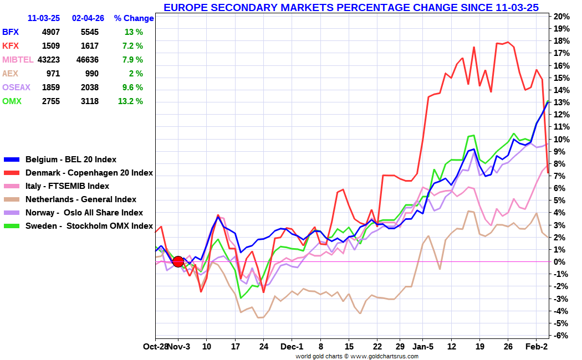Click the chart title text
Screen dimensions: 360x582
(351, 7)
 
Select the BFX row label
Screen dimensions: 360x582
(11, 32)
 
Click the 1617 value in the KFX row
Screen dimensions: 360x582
(89, 46)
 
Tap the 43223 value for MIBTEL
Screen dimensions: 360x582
(48, 60)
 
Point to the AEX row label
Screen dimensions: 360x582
(11, 74)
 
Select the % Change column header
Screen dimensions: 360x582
(134, 18)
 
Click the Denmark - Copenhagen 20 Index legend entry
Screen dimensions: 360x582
(89, 173)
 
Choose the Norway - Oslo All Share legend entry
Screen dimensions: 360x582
(84, 213)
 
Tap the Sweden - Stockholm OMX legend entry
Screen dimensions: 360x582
(89, 226)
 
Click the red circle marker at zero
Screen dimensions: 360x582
(178, 261)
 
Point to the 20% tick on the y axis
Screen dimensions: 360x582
(562, 16)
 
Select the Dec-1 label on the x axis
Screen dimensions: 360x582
(292, 347)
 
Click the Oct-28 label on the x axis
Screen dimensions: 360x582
(155, 347)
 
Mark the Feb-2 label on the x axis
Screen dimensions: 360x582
(536, 347)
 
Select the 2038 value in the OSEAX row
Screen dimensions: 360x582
(89, 88)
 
